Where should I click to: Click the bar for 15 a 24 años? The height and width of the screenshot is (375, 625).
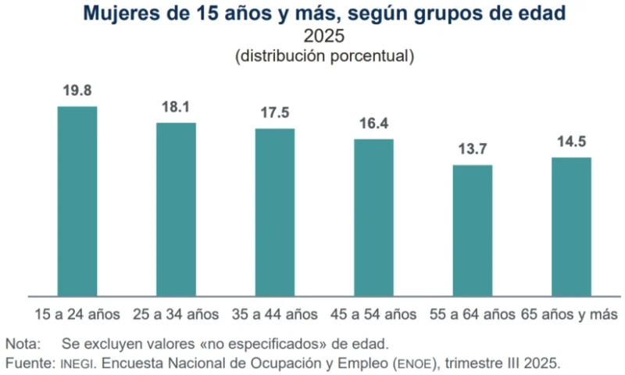click(77, 202)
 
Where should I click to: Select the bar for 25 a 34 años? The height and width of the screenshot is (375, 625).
click(176, 209)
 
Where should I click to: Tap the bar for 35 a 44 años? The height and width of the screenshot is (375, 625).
click(275, 212)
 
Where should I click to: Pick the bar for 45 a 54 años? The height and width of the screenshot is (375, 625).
click(373, 218)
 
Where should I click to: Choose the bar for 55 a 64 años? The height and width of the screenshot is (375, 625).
click(473, 230)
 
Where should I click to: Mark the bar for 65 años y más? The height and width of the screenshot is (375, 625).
click(571, 227)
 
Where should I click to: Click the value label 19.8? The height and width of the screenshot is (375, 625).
click(77, 91)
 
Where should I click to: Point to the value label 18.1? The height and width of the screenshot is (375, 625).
click(176, 107)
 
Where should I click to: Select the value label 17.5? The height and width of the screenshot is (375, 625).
click(275, 112)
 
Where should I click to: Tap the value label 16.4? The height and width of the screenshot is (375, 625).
click(373, 123)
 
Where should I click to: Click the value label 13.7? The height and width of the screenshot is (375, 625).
click(473, 149)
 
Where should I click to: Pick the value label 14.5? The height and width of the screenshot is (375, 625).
click(571, 141)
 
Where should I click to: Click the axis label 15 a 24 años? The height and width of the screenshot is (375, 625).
click(77, 315)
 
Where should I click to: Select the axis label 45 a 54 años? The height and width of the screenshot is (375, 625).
click(373, 315)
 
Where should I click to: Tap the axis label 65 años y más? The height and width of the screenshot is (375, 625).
click(570, 315)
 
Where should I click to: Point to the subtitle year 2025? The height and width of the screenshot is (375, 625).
click(323, 37)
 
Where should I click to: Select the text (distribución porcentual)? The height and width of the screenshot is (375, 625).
click(323, 56)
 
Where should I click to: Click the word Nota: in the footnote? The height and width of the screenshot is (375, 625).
click(25, 344)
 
